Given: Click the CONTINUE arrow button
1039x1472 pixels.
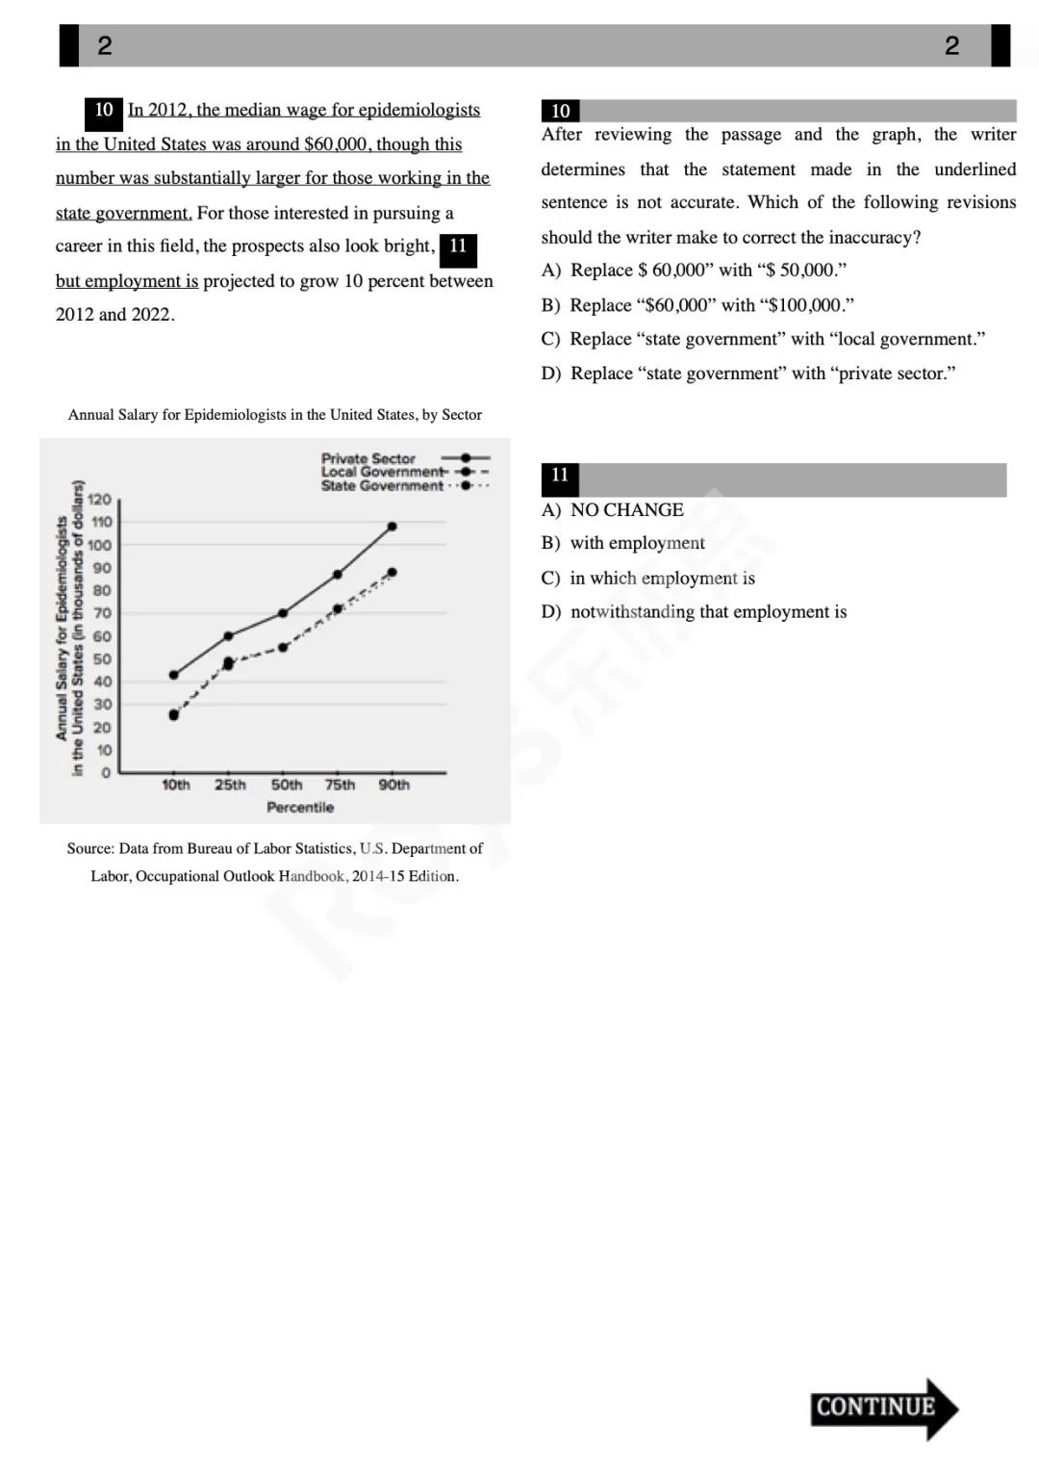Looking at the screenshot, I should (x=883, y=1407).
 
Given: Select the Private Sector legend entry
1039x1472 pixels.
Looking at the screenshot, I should (x=368, y=459).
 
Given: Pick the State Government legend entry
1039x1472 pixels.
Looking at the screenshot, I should (x=382, y=486).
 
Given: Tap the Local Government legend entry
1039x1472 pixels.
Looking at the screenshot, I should (x=382, y=472).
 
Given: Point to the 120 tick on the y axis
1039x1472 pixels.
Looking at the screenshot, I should (x=100, y=500).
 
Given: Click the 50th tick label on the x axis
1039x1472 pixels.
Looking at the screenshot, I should (x=286, y=785).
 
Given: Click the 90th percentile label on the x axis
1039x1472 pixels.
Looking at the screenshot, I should (x=393, y=785).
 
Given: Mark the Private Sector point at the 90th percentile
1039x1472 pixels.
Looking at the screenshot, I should (x=392, y=527).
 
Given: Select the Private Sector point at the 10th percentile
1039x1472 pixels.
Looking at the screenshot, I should (x=174, y=675).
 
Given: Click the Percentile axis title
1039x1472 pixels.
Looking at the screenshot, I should (x=300, y=808).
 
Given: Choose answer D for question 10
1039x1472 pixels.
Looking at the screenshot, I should (x=748, y=374).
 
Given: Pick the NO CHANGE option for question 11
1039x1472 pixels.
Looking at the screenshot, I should (x=613, y=510).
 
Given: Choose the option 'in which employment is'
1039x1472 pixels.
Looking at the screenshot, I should (x=648, y=579).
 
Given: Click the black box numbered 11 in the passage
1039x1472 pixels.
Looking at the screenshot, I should (x=458, y=247).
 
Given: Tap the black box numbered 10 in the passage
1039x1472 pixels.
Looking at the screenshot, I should (x=104, y=111).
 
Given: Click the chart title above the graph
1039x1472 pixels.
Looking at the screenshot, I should (x=274, y=415).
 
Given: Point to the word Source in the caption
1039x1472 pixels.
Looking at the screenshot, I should (x=89, y=848).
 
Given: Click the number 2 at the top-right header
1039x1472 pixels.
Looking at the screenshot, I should (x=951, y=46).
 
